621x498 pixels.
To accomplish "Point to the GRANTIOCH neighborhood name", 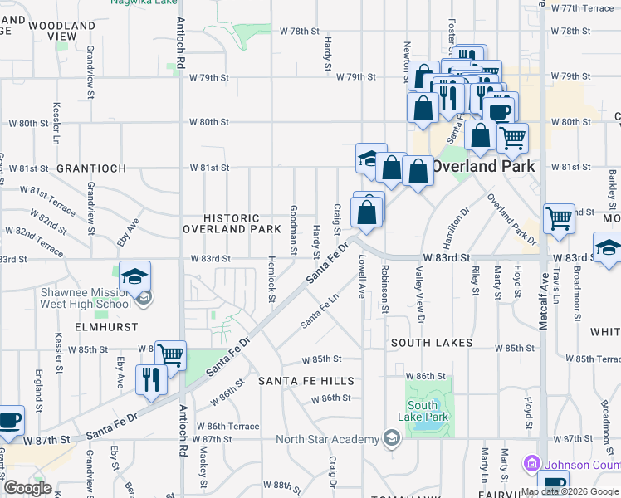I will pos(90,168).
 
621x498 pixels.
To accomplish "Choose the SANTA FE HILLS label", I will pos(306,381).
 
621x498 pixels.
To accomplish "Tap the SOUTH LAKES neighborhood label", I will pos(431,343).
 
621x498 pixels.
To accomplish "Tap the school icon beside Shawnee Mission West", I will pos(134,276).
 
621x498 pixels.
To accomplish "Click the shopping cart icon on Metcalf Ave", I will pos(559,219).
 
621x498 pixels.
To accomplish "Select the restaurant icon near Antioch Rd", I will pos(150,379).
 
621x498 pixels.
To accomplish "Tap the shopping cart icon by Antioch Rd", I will pos(170,354).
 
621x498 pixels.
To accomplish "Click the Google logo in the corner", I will pos(27,488).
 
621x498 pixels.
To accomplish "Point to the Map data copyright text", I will pos(570,491).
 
